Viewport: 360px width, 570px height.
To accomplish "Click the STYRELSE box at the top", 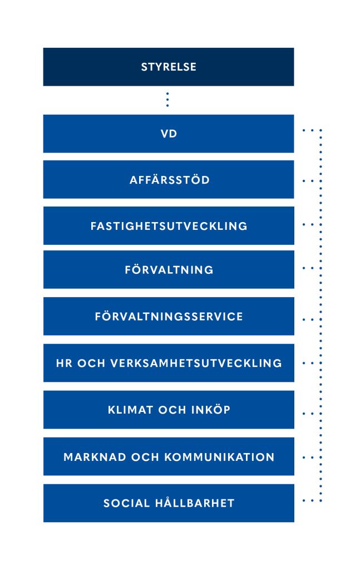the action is (169, 67).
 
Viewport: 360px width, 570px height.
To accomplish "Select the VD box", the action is (169, 134).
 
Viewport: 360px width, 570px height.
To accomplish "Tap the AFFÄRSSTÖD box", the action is (169, 180).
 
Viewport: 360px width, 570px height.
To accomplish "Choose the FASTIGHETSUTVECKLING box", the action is (169, 226).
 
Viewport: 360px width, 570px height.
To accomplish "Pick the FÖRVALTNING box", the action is (169, 270).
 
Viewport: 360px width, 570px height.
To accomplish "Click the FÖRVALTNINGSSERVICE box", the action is (169, 316).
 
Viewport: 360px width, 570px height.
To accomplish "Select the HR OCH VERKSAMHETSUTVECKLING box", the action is (169, 363).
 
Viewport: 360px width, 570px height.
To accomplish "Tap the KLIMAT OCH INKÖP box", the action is (169, 410).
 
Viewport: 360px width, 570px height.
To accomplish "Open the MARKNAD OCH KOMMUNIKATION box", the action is (169, 456).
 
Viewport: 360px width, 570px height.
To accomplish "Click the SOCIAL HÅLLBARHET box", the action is (169, 503).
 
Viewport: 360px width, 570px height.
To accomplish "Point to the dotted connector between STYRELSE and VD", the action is (167, 100).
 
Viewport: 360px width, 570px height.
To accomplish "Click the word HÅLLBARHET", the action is (195, 503).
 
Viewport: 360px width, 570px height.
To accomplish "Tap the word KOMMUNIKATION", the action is (219, 457).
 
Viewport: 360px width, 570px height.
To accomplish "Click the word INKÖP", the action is (211, 410).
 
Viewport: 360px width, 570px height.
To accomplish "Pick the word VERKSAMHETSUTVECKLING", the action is (196, 363).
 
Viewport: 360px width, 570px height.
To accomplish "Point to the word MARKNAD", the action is (95, 457).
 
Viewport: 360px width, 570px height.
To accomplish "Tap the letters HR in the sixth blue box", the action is (65, 363).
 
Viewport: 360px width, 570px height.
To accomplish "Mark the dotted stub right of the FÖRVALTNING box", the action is (312, 268).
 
